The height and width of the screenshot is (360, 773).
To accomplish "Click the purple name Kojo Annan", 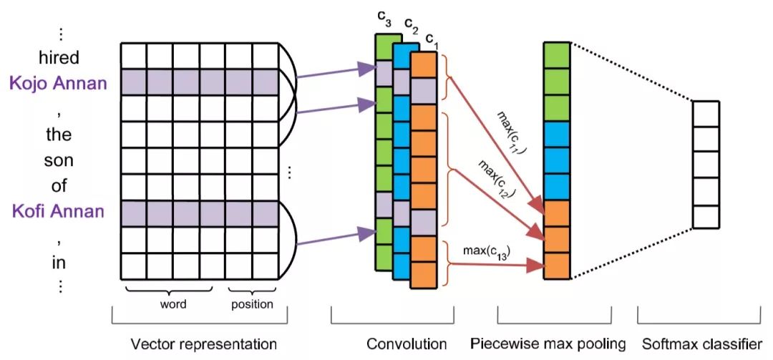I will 59,83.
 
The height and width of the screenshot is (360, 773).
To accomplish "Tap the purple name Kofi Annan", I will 59,212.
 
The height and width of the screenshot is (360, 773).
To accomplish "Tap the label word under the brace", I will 172,304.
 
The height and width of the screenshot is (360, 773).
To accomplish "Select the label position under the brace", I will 251,304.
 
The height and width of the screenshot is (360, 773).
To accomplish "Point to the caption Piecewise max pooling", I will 548,344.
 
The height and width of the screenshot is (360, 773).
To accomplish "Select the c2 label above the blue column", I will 411,26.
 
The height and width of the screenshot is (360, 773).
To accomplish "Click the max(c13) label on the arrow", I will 487,251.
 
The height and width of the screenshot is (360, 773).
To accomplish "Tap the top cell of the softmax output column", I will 705,113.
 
